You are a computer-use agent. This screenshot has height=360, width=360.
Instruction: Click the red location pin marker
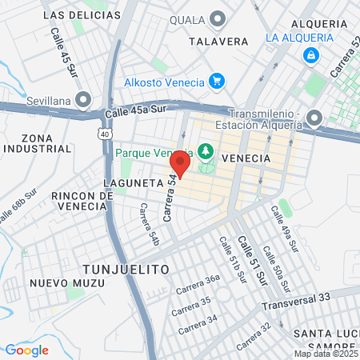180,164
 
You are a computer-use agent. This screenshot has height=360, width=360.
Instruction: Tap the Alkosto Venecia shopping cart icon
215,81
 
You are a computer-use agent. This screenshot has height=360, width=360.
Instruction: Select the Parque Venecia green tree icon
206,150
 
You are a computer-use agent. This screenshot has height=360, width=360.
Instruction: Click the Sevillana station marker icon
83,98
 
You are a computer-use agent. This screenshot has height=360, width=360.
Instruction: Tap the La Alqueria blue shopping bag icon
310,56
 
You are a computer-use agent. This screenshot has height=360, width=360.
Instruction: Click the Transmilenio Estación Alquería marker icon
314,118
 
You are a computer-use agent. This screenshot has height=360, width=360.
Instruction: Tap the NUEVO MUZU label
57,282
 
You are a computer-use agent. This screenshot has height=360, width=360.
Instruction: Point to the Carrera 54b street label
149,224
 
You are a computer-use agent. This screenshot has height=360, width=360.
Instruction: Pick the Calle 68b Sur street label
18,206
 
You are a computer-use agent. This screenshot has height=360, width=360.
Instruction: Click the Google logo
27,350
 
